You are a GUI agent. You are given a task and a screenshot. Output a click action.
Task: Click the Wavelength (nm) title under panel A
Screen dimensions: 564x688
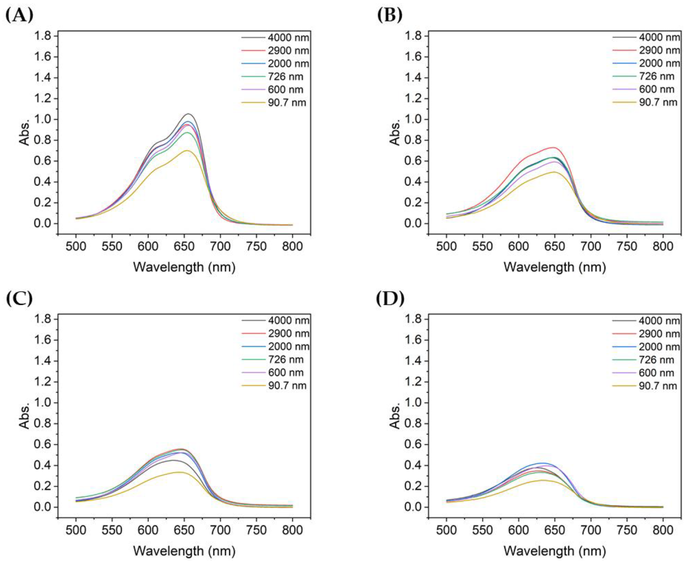(x=184, y=267)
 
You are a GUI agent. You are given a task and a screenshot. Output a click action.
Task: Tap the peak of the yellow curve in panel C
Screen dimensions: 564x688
(x=178, y=472)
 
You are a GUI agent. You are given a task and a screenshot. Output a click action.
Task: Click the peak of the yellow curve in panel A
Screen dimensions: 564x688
(x=187, y=150)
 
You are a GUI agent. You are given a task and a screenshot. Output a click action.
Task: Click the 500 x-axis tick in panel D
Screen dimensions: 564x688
(x=446, y=530)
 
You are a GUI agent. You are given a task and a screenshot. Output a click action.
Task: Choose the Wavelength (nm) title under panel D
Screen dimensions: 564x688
(x=555, y=551)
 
